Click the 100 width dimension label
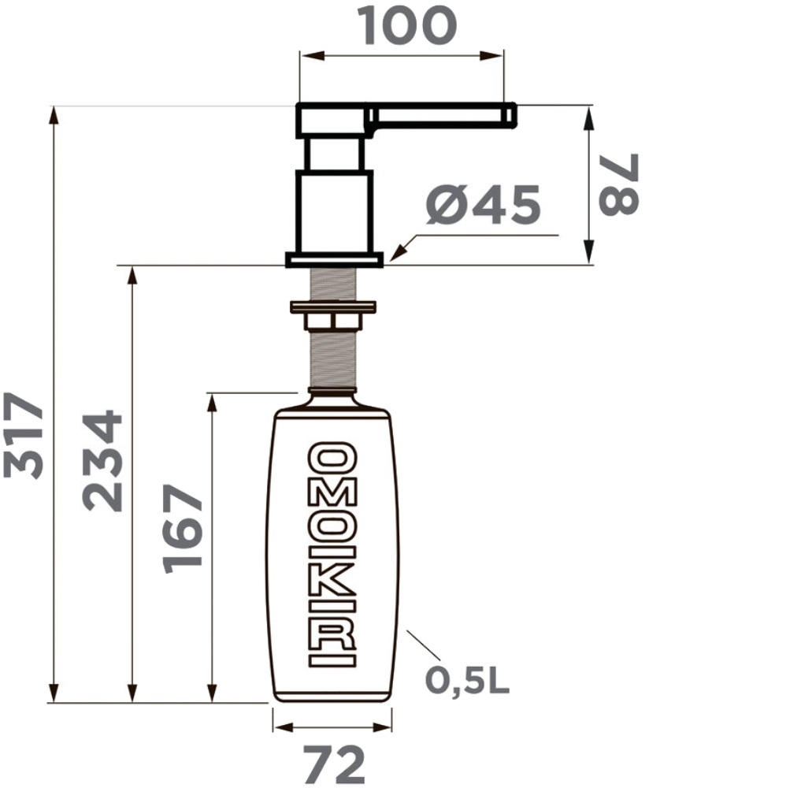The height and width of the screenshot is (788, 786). [407, 25]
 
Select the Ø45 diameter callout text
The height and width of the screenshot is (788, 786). [483, 205]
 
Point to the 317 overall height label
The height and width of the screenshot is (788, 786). [23, 435]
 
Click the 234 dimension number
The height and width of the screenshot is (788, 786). [102, 461]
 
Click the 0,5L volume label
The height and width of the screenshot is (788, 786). [467, 681]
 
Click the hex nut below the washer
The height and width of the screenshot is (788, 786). [333, 322]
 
